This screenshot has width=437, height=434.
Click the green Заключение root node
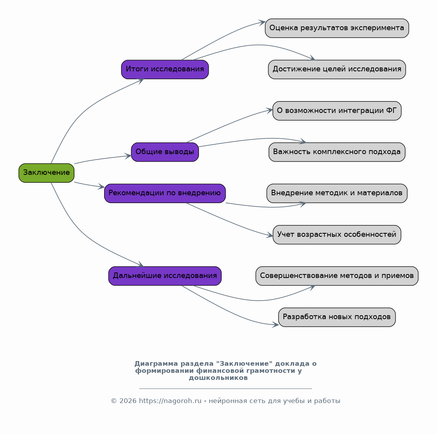[47, 173]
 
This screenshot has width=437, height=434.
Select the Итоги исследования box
[165, 69]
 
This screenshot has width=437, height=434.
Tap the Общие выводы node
[165, 152]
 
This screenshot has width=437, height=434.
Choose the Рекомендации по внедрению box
[165, 193]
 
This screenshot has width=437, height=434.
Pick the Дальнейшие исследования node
[165, 276]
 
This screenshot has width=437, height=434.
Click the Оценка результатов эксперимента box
[337, 28]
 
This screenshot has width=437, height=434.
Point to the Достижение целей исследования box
[337, 69]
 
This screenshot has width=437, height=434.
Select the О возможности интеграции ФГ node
[337, 111]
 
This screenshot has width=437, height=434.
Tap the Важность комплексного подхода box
[337, 152]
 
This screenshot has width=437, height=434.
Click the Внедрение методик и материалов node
[337, 193]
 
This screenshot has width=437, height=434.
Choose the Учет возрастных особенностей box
[337, 235]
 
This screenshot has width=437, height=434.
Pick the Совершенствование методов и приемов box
[337, 276]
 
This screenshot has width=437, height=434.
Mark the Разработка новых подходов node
[337, 317]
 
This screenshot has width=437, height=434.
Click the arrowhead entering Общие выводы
[128, 156]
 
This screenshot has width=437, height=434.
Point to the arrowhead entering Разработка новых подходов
[275, 325]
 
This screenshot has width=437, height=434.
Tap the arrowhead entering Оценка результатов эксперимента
[262, 22]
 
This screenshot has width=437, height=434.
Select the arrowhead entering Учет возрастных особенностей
[270, 236]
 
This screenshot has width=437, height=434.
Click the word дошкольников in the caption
[218, 378]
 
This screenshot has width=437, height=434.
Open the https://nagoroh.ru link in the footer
[170, 401]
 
